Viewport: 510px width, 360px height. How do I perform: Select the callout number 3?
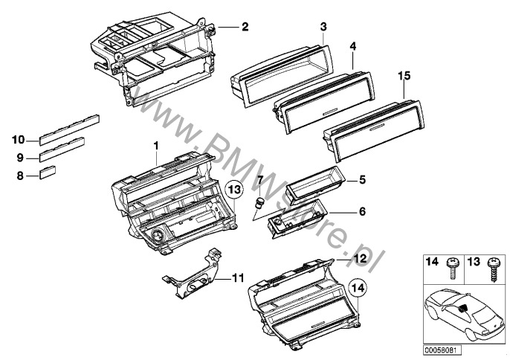click(323, 28)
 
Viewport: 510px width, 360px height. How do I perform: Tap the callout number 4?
click(353, 46)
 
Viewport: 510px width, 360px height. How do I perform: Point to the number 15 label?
click(404, 76)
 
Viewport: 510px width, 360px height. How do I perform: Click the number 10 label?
click(19, 139)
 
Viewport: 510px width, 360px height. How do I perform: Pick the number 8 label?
click(20, 176)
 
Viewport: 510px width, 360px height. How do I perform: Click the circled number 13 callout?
click(235, 190)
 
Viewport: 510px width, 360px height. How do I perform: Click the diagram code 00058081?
click(442, 349)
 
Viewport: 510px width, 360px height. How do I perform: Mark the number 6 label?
click(362, 211)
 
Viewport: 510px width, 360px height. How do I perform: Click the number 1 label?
click(156, 143)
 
